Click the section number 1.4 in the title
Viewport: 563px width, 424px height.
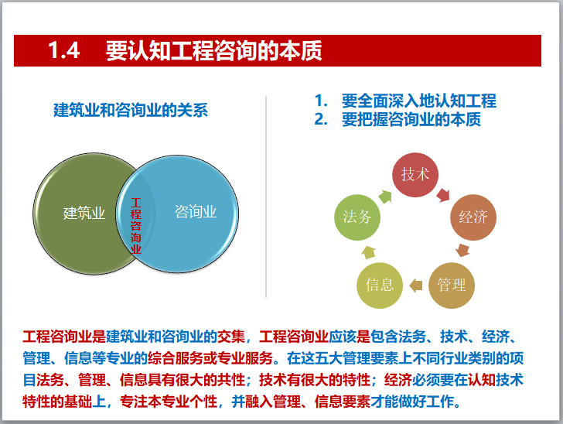(64, 51)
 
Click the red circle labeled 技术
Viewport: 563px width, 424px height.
(415, 175)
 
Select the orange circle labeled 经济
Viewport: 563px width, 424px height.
(473, 217)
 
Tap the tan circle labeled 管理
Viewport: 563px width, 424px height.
(451, 285)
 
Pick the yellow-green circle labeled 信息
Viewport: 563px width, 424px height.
(379, 285)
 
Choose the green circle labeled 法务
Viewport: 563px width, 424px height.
(357, 217)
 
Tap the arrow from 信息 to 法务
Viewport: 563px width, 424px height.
(368, 251)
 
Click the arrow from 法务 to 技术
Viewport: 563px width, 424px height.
(384, 191)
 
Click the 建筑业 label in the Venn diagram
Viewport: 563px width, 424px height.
(84, 213)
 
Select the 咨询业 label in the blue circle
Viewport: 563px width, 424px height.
(196, 211)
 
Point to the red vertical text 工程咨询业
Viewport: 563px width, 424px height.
(136, 226)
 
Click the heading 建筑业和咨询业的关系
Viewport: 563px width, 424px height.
(131, 110)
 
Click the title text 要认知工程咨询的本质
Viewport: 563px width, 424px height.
(214, 51)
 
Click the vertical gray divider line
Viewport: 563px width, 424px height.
(266, 197)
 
